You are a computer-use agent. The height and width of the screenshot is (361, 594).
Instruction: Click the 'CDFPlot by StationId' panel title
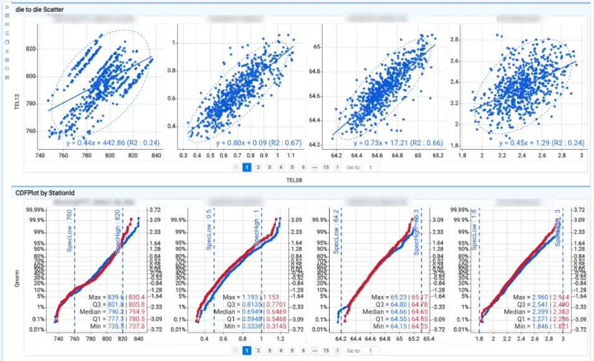pyautogui.click(x=46, y=193)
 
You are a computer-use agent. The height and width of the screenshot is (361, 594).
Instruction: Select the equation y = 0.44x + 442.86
pyautogui.click(x=113, y=143)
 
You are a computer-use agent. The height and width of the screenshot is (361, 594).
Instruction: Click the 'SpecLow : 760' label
pyautogui.click(x=69, y=231)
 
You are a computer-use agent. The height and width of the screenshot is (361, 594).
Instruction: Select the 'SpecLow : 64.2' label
pyautogui.click(x=335, y=231)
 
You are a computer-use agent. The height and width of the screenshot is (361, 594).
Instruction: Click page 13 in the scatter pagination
pyautogui.click(x=325, y=167)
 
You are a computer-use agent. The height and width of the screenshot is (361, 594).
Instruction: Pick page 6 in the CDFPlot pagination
pyautogui.click(x=302, y=351)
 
